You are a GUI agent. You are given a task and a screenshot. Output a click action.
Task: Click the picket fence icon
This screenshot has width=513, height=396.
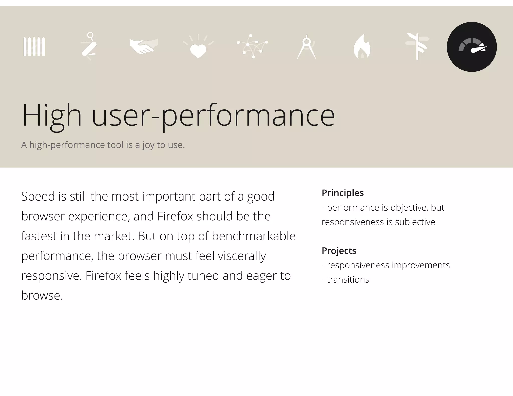(x=34, y=46)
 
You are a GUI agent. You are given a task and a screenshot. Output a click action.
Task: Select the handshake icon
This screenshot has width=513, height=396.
(x=144, y=46)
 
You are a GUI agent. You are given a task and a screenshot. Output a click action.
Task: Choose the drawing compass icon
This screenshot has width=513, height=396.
(x=307, y=47)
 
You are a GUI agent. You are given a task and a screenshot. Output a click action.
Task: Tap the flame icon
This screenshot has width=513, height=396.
(x=362, y=47)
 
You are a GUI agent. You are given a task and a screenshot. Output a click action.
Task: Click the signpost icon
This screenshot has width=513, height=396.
(x=417, y=46)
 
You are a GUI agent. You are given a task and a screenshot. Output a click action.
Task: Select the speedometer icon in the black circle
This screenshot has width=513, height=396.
(x=472, y=47)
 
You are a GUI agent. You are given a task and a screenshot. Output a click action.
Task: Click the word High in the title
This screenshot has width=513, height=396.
(x=52, y=116)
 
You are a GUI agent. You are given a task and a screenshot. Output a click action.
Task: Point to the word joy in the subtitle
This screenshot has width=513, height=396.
(x=148, y=145)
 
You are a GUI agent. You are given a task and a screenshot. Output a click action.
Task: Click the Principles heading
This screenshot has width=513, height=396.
(x=342, y=193)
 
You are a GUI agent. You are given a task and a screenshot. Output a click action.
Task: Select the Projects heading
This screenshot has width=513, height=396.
(x=339, y=251)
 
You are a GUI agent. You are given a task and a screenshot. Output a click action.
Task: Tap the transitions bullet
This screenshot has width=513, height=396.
(x=348, y=280)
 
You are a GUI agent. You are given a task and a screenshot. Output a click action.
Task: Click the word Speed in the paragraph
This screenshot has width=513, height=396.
(x=38, y=197)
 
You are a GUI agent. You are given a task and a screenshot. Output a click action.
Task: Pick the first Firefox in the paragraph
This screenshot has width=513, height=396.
(x=175, y=216)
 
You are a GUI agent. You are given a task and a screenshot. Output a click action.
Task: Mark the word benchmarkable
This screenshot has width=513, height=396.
(x=253, y=236)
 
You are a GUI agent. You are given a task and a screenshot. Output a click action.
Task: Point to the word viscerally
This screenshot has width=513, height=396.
(x=242, y=256)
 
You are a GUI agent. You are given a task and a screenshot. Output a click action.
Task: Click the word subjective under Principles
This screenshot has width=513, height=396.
(x=415, y=222)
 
